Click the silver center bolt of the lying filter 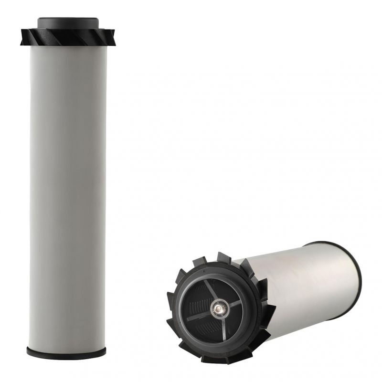click(220, 309)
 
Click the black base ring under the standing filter click(67, 352)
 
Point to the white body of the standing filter click(67, 191)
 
